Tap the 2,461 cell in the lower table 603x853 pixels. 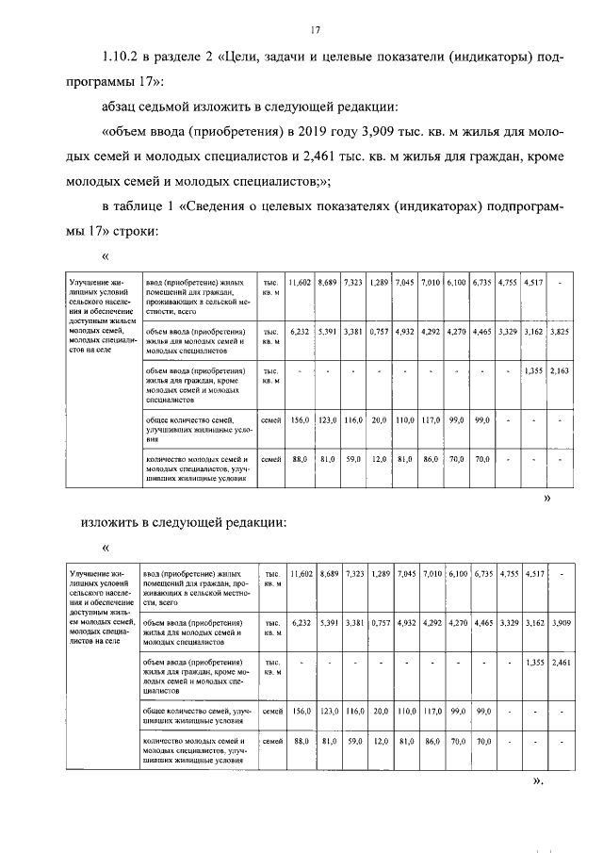pyautogui.click(x=560, y=663)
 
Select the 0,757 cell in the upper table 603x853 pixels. pyautogui.click(x=379, y=333)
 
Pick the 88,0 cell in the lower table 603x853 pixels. pyautogui.click(x=301, y=742)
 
